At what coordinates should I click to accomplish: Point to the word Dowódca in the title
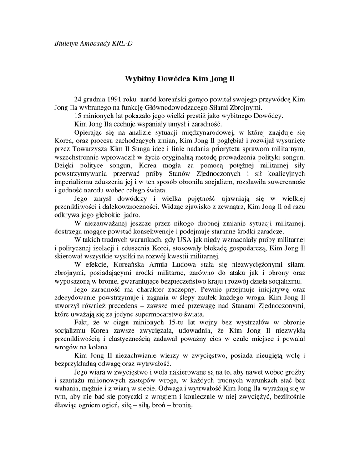coord(174,78)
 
